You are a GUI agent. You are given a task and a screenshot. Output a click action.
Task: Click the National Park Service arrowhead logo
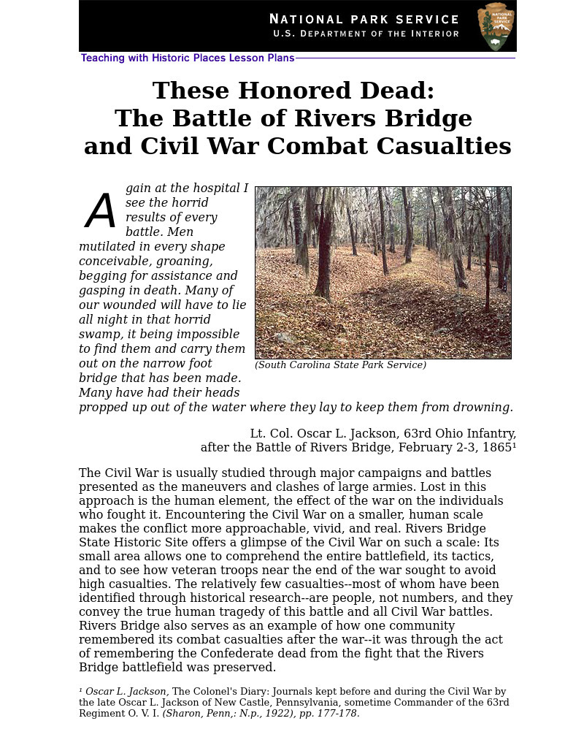click(x=496, y=26)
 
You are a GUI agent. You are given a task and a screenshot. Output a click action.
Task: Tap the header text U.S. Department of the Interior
click(x=366, y=34)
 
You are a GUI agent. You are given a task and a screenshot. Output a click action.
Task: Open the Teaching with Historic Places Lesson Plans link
click(x=188, y=58)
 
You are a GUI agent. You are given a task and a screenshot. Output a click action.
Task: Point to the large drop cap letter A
click(x=101, y=212)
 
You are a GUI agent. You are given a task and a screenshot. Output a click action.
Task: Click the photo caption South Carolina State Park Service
click(x=340, y=365)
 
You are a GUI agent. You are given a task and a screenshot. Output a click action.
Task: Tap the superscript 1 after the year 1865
click(x=514, y=446)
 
